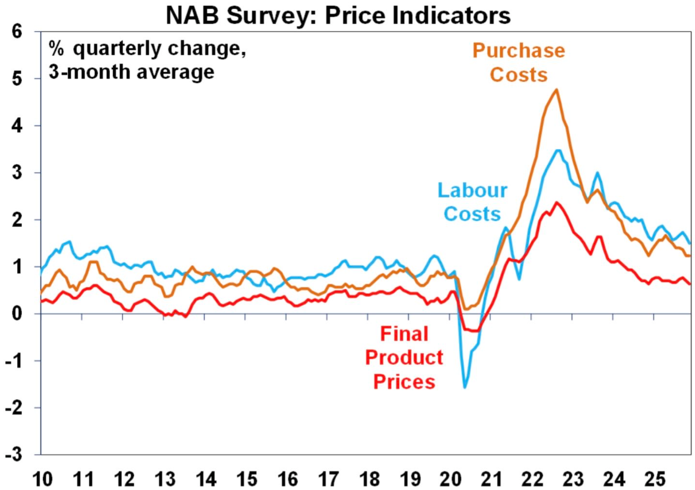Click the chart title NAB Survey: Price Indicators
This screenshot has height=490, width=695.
click(x=338, y=15)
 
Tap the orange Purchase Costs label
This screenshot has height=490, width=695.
click(x=519, y=63)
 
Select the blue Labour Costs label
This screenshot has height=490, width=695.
click(x=472, y=202)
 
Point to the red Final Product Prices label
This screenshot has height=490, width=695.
click(x=404, y=357)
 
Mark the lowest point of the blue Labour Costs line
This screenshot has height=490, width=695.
click(x=465, y=388)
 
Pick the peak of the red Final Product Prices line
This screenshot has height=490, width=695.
click(x=557, y=202)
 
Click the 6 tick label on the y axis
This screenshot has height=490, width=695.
click(x=17, y=31)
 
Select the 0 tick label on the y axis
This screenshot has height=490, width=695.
click(x=17, y=314)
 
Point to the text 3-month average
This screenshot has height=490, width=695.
click(x=131, y=72)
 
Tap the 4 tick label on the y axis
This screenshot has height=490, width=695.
click(x=17, y=125)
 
